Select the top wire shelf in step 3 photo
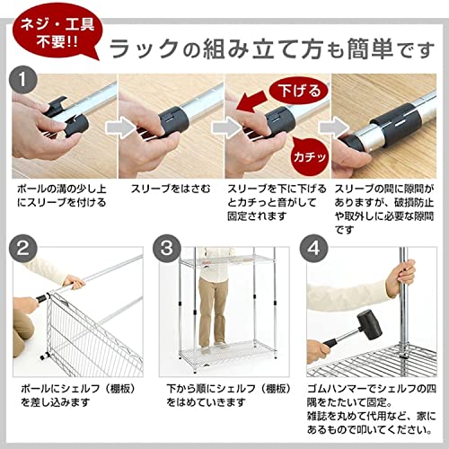(x=218, y=260)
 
